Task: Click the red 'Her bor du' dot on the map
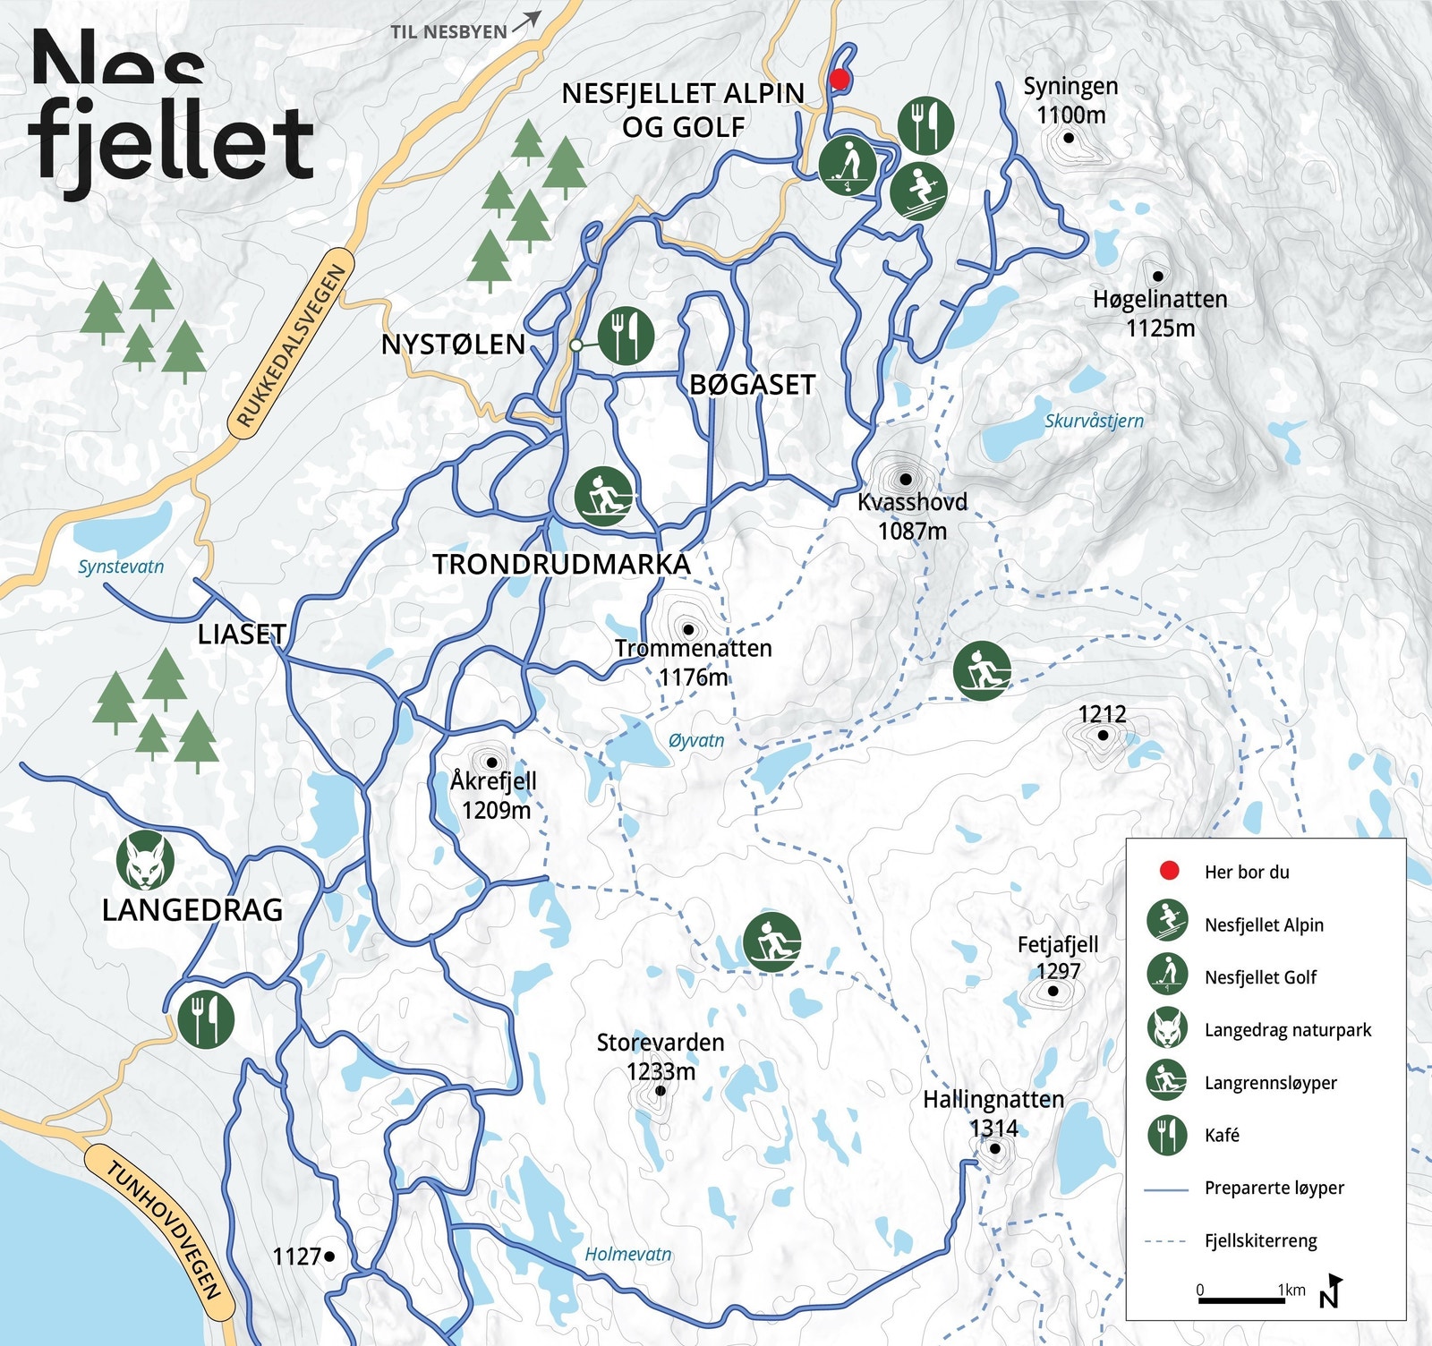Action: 839,79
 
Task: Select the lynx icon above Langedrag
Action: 145,860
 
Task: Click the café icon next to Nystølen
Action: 626,336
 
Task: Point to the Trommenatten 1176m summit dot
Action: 687,629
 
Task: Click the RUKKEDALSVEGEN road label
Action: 292,346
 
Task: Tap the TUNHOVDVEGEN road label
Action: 162,1230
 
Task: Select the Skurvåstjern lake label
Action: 1094,421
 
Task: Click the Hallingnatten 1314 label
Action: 993,1112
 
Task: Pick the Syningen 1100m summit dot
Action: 1069,138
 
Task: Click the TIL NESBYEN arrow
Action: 526,21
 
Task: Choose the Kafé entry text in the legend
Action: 1222,1135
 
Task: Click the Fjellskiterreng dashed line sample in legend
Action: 1167,1241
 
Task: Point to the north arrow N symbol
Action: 1330,1291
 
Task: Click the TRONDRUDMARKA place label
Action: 562,564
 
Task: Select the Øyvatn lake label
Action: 695,740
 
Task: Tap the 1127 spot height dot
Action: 329,1257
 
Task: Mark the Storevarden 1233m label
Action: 661,1056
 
